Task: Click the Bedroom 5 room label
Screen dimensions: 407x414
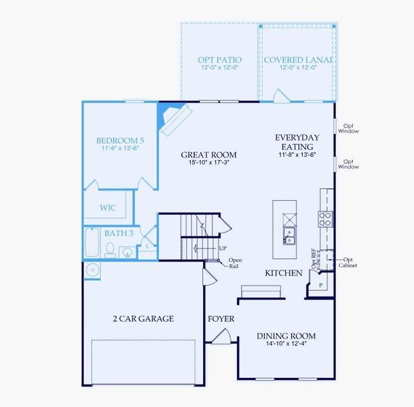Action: coord(119,140)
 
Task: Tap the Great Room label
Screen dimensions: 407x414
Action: coord(208,155)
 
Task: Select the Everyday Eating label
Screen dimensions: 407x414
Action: coord(297,142)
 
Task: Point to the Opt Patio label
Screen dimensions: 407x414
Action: coord(219,60)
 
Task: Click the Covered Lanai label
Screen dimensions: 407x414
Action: coord(298,60)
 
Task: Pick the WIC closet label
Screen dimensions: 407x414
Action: coord(108,208)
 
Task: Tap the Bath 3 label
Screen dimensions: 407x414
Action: coord(117,233)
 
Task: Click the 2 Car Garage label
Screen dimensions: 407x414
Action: coord(143,318)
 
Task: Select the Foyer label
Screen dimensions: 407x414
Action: coord(221,317)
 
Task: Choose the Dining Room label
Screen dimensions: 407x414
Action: coord(286,336)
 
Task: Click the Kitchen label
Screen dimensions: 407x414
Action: coord(284,273)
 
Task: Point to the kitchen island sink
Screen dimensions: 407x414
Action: coord(290,236)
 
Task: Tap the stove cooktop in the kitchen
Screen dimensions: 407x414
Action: coord(326,218)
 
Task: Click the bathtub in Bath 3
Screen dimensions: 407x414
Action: coord(92,242)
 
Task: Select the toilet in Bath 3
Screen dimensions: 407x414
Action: coord(110,251)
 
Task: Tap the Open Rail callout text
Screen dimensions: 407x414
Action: coord(235,264)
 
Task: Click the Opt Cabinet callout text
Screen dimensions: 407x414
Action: coord(347,262)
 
